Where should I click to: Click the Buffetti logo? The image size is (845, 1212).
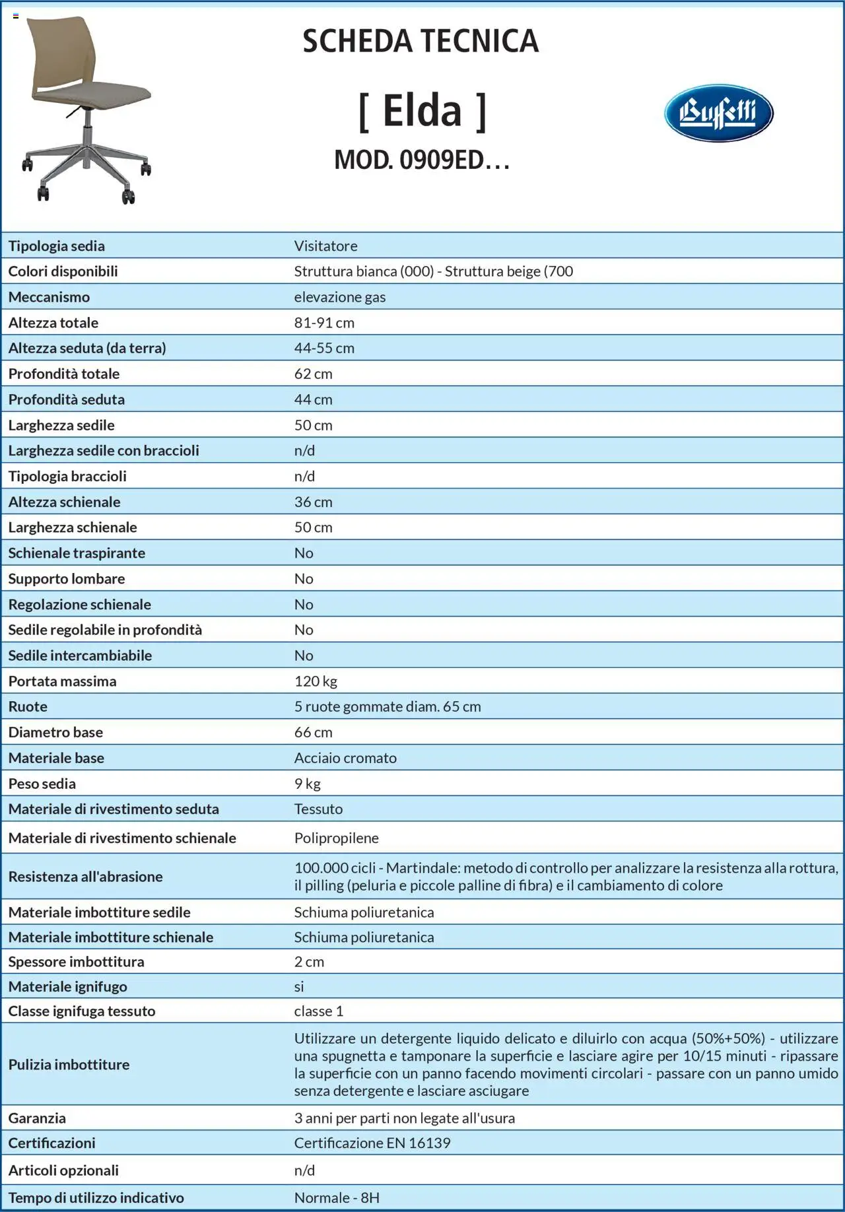(718, 113)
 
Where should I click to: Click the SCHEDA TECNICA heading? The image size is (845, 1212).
(421, 41)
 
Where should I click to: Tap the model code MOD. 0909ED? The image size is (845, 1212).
(422, 160)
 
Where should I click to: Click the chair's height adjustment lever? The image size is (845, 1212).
(74, 112)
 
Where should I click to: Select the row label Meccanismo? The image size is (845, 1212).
(49, 297)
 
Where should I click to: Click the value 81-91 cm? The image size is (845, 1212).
(324, 323)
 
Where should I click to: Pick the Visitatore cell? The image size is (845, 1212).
(325, 246)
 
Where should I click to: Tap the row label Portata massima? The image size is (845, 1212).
(62, 681)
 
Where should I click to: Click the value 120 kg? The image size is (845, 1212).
(316, 681)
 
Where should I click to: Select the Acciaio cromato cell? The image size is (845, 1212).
(345, 758)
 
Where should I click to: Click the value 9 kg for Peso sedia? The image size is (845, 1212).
(307, 784)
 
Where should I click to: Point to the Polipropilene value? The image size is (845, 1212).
(336, 838)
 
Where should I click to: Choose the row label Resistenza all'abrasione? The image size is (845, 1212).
(85, 877)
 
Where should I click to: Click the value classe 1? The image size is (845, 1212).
(319, 1011)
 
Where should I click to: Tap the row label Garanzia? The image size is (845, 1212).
(37, 1118)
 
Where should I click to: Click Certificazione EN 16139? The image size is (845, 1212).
(372, 1143)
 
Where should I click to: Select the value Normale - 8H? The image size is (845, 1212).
(337, 1197)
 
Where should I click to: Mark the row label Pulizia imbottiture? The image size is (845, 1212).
(69, 1064)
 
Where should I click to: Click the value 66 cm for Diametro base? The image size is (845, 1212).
(313, 732)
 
